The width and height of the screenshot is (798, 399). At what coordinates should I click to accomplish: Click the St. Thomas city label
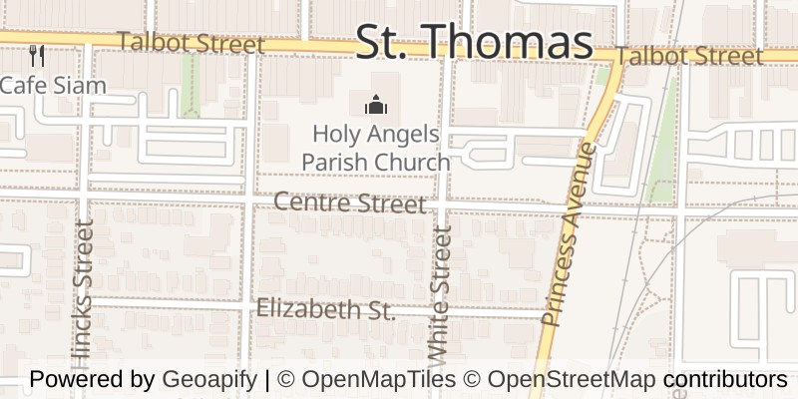click(474, 42)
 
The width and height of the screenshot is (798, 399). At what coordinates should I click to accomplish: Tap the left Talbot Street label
click(191, 44)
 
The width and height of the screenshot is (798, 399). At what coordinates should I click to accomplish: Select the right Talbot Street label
click(690, 57)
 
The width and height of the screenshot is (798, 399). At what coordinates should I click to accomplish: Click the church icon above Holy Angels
click(375, 104)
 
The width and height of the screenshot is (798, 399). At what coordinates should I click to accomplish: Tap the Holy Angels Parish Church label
click(375, 147)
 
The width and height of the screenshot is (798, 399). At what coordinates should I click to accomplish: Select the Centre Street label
click(349, 203)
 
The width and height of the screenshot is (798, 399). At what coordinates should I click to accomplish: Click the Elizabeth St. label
click(326, 310)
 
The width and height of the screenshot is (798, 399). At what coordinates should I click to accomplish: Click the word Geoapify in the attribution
click(207, 380)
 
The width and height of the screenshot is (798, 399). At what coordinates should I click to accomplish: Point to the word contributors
click(725, 380)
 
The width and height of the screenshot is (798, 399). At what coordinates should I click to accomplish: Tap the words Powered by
click(92, 380)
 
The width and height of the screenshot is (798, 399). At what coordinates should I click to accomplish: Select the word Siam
click(82, 85)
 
